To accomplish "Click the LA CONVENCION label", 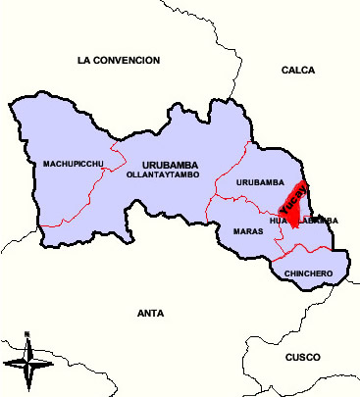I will point(118,61).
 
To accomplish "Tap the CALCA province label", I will point(297,71).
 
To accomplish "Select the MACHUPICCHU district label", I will point(74,164).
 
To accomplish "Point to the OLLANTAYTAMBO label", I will point(162,174).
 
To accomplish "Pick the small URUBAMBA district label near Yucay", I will point(260,182).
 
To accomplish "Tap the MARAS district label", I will point(248,231).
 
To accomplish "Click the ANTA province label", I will point(151,314).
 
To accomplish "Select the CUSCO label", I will point(302,358).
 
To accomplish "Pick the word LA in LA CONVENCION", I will point(83,61).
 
